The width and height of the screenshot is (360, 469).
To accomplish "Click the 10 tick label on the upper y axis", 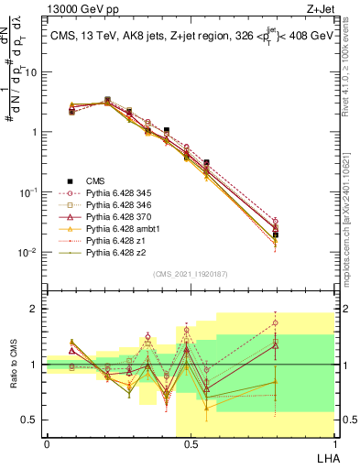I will click(x=34, y=71).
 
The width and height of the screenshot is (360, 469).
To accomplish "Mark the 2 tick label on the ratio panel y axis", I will click(x=37, y=309).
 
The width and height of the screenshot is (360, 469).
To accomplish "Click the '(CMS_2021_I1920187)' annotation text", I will click(x=190, y=273).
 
